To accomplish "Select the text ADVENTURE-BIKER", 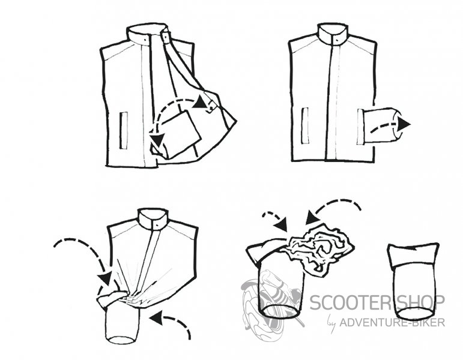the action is [x=392, y=322].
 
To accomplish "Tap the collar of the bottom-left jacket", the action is [x=154, y=219].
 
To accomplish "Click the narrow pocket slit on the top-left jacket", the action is [x=124, y=130].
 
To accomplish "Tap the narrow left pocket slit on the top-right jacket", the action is [x=305, y=126].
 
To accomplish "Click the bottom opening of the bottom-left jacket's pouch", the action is [x=123, y=340].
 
